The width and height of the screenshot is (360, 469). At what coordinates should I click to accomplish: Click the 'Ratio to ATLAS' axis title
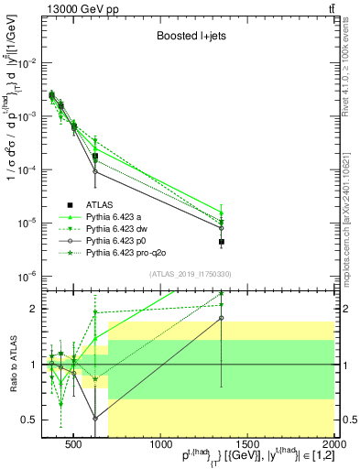pyautogui.click(x=11, y=365)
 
